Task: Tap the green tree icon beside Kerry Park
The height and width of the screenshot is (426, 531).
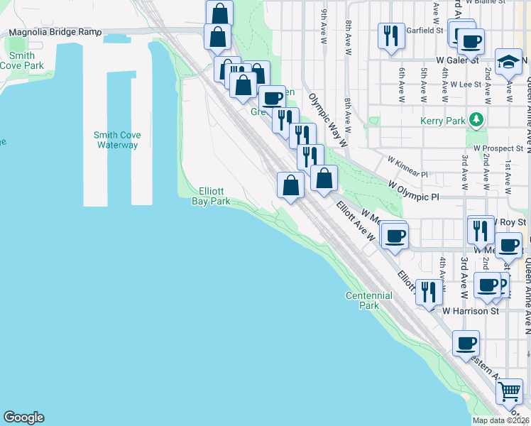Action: click(x=478, y=119)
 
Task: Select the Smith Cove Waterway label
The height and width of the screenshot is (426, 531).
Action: click(x=117, y=140)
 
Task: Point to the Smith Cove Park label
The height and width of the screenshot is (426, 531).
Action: click(x=22, y=60)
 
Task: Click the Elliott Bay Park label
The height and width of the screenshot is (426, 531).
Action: click(x=211, y=196)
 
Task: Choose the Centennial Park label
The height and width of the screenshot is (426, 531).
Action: click(x=368, y=300)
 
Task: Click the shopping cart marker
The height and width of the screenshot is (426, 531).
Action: click(x=508, y=390)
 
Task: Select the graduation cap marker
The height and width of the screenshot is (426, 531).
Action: click(x=508, y=62)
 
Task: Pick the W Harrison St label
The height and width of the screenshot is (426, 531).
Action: click(x=471, y=311)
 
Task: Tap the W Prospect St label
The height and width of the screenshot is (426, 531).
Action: click(x=499, y=148)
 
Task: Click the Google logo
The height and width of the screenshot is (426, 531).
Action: click(x=23, y=417)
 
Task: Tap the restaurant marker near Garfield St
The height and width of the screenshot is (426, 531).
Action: click(x=390, y=35)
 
